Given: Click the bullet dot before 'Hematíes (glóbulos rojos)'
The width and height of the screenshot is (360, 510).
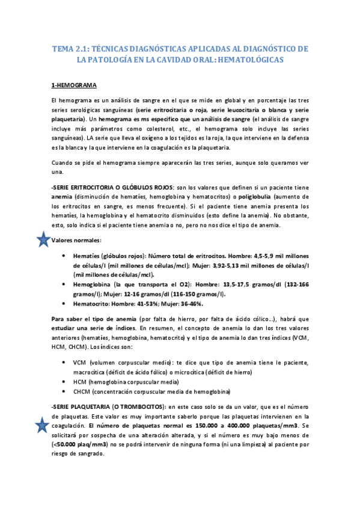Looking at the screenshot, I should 64,255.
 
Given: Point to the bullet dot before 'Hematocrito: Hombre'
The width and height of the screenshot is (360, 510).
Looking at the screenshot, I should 64,304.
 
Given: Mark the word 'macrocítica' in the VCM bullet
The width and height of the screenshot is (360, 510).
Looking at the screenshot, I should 91,372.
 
